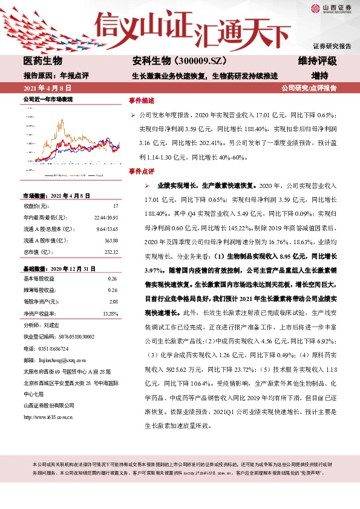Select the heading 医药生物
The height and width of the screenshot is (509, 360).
(x=42, y=61)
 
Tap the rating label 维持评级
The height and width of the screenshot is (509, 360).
(x=317, y=61)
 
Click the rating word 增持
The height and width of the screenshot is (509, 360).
(x=319, y=76)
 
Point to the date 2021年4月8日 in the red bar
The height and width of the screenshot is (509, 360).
(x=45, y=88)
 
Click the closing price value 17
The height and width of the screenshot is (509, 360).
(x=114, y=206)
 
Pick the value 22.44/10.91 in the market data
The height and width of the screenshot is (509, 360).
(x=106, y=217)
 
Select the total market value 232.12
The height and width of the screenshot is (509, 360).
(x=111, y=251)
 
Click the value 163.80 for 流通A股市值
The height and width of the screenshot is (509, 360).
(x=111, y=240)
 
